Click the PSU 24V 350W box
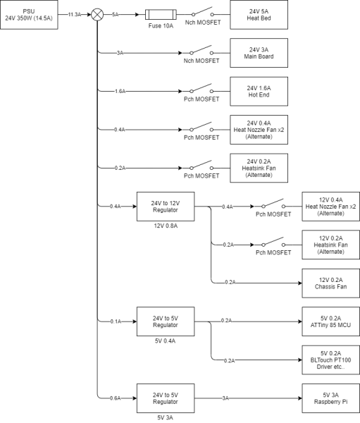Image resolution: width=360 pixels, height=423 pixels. click(x=29, y=15)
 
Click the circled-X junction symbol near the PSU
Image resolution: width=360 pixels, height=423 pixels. click(x=97, y=15)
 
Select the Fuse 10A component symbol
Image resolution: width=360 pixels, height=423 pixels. click(x=161, y=15)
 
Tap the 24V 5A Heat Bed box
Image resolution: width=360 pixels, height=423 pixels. click(x=259, y=15)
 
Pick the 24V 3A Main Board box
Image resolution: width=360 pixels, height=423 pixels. click(x=259, y=53)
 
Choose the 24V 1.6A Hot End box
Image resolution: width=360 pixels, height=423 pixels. click(x=259, y=92)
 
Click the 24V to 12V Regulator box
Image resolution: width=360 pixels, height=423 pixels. click(x=166, y=207)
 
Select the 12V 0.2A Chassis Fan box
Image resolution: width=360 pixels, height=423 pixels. click(x=331, y=283)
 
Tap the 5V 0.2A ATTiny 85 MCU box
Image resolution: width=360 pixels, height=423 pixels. click(x=331, y=321)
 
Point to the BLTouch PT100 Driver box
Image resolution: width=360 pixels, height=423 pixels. click(x=331, y=360)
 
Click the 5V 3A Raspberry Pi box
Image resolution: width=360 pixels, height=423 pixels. click(x=331, y=398)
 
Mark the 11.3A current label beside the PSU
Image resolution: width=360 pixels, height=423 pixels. click(x=75, y=15)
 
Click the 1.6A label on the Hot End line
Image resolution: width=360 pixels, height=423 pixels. click(x=120, y=92)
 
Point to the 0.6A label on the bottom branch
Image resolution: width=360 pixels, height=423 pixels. click(x=115, y=398)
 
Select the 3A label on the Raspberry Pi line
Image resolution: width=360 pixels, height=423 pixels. click(x=225, y=398)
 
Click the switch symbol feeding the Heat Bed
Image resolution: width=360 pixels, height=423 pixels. click(x=202, y=12)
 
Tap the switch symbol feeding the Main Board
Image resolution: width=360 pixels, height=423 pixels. click(x=201, y=51)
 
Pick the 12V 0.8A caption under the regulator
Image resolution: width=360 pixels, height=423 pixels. click(x=166, y=226)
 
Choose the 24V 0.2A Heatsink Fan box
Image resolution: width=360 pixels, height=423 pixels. click(x=259, y=168)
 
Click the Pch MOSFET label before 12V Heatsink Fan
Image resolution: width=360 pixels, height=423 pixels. click(x=273, y=253)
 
